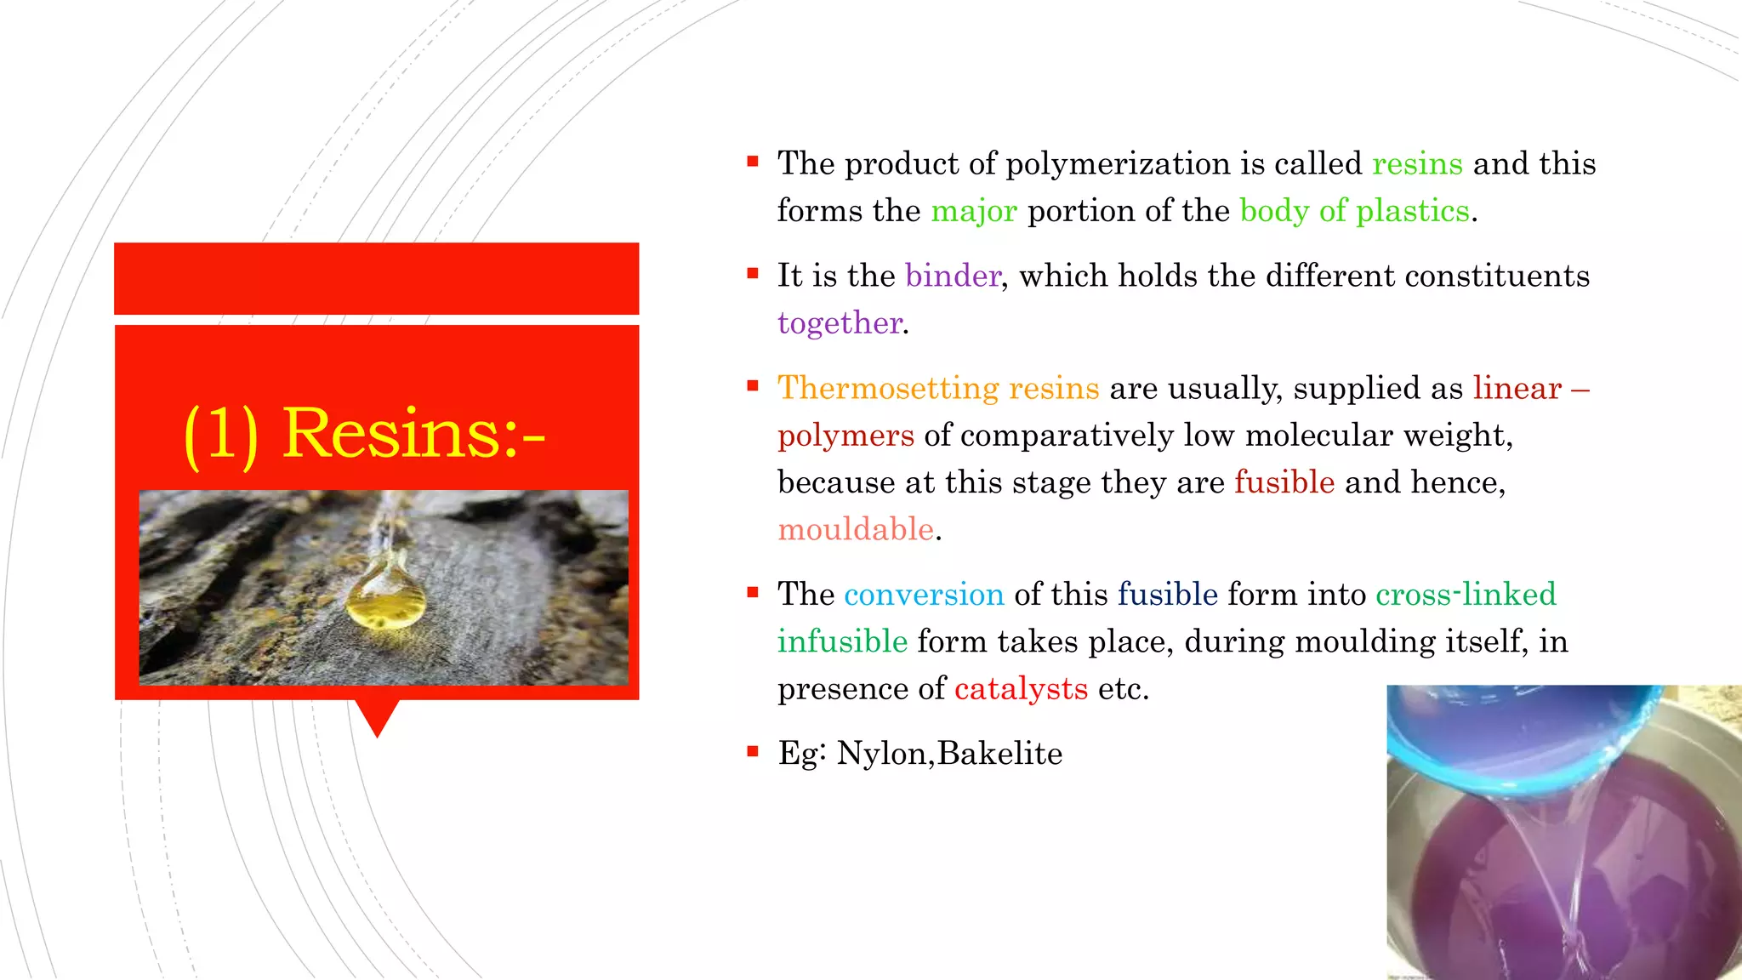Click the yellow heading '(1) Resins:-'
364,434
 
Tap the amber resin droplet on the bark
385,600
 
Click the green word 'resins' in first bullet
1417,163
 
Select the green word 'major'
973,211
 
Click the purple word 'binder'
953,276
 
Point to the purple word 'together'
840,323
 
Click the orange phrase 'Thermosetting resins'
938,388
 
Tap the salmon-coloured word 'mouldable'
856,529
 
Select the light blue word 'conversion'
924,594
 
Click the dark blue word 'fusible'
1167,594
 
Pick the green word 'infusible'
842,641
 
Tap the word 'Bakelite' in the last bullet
999,754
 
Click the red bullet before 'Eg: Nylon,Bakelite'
752,751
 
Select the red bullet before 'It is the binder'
752,274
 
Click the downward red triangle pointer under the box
377,717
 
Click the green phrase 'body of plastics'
1354,211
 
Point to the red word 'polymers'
845,436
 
